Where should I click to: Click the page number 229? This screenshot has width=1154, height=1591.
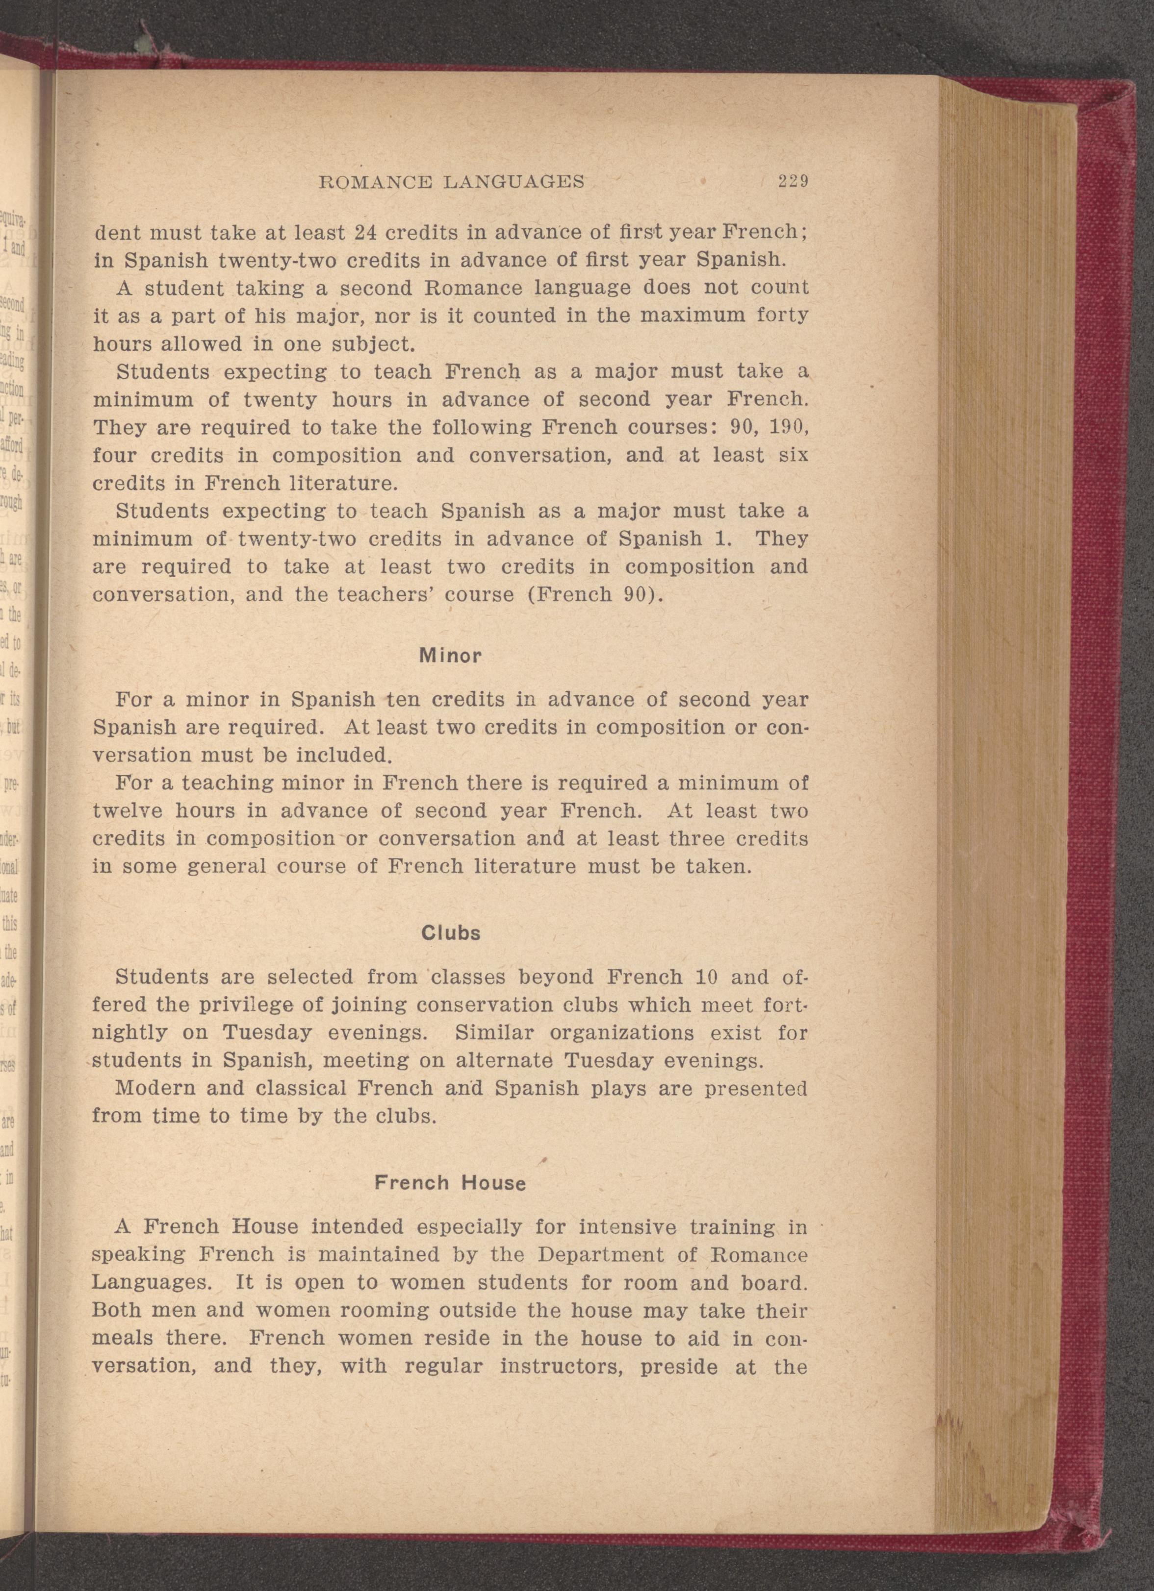pyautogui.click(x=793, y=182)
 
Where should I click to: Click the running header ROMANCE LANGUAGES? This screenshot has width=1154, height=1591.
pyautogui.click(x=451, y=182)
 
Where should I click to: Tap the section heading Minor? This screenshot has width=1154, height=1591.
pyautogui.click(x=450, y=656)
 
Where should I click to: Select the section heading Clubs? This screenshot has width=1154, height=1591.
pyautogui.click(x=451, y=933)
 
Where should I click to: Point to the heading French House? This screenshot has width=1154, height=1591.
pyautogui.click(x=450, y=1183)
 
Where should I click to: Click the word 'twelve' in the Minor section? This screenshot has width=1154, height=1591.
pyautogui.click(x=128, y=811)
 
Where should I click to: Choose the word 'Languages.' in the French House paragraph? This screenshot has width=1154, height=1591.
pyautogui.click(x=151, y=1283)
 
